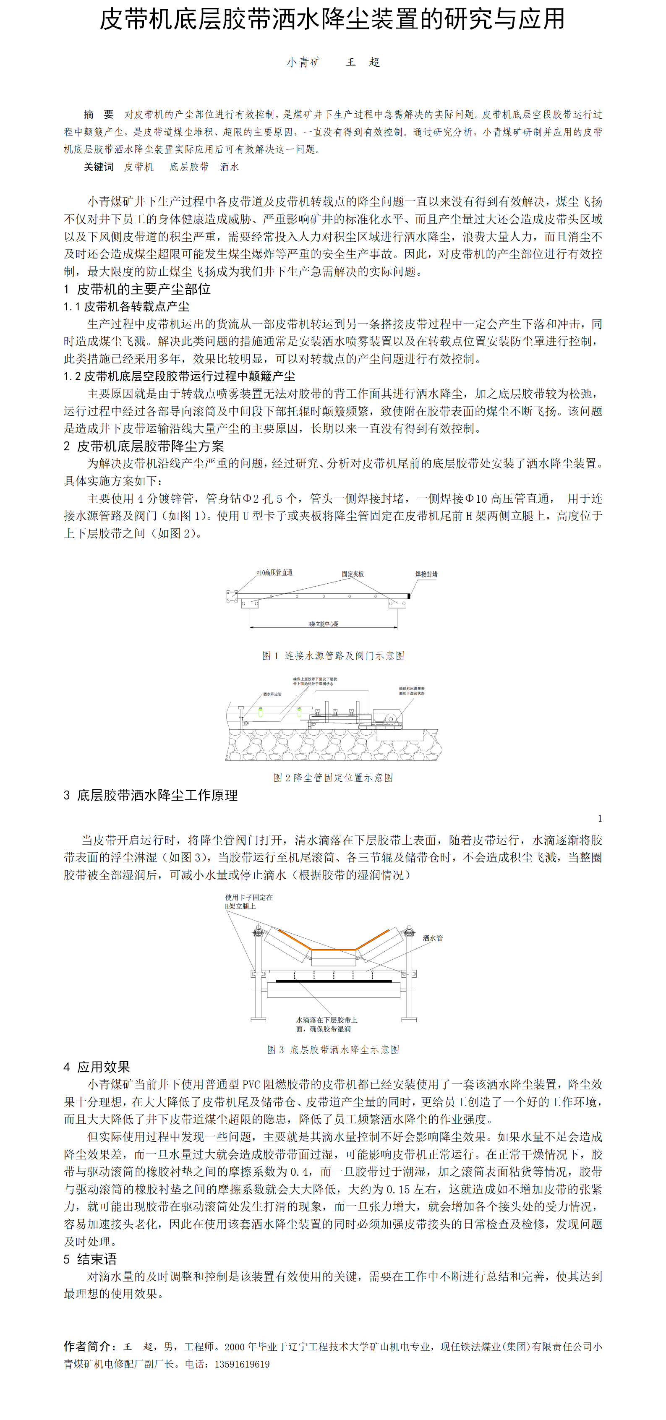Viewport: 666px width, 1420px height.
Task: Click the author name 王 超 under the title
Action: tap(362, 62)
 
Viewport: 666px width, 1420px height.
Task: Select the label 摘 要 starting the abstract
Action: tap(99, 115)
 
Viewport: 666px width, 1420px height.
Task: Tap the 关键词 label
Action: tap(99, 167)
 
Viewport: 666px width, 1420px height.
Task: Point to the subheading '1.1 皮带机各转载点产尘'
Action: tap(126, 306)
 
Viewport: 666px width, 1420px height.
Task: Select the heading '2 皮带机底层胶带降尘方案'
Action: tap(144, 446)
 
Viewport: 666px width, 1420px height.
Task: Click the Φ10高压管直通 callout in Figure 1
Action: tap(274, 573)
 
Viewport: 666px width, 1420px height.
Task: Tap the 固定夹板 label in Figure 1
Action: tap(353, 574)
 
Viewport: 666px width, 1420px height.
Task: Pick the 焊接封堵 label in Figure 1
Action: tap(426, 574)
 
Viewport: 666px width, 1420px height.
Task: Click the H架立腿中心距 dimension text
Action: tap(323, 624)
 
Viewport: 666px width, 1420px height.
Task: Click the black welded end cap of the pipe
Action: tap(408, 596)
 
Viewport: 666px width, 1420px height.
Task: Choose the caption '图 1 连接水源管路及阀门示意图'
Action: tap(333, 655)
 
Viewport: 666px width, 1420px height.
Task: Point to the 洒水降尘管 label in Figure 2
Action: tap(272, 694)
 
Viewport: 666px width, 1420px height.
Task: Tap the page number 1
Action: tap(600, 819)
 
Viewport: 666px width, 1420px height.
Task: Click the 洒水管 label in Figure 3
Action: tap(432, 938)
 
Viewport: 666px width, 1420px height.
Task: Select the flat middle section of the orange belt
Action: tap(333, 950)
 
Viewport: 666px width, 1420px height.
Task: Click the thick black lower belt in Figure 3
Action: tap(334, 981)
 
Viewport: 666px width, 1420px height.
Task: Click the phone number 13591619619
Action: tap(242, 1364)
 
